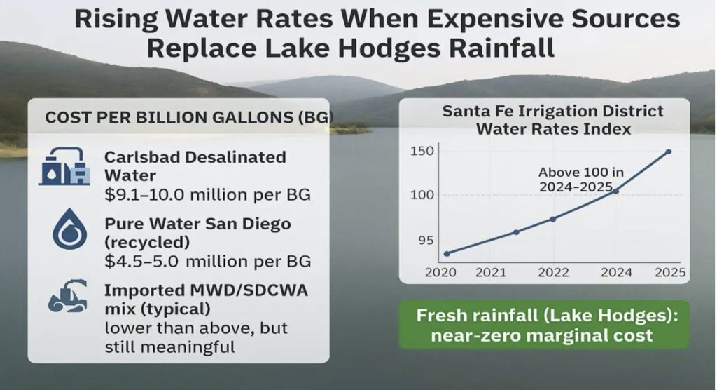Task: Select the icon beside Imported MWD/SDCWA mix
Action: pyautogui.click(x=67, y=298)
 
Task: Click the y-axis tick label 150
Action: pyautogui.click(x=422, y=152)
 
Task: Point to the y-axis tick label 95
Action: pyautogui.click(x=426, y=240)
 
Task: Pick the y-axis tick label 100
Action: pyautogui.click(x=422, y=194)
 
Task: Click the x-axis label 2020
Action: pyautogui.click(x=440, y=273)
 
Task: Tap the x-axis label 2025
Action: pyautogui.click(x=669, y=273)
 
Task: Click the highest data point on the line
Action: pyautogui.click(x=669, y=152)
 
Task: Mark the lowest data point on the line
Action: pyautogui.click(x=447, y=253)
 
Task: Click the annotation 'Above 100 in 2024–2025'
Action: pyautogui.click(x=576, y=180)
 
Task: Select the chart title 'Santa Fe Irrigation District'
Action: pyautogui.click(x=543, y=112)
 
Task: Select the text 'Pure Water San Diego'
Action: pyautogui.click(x=197, y=224)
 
